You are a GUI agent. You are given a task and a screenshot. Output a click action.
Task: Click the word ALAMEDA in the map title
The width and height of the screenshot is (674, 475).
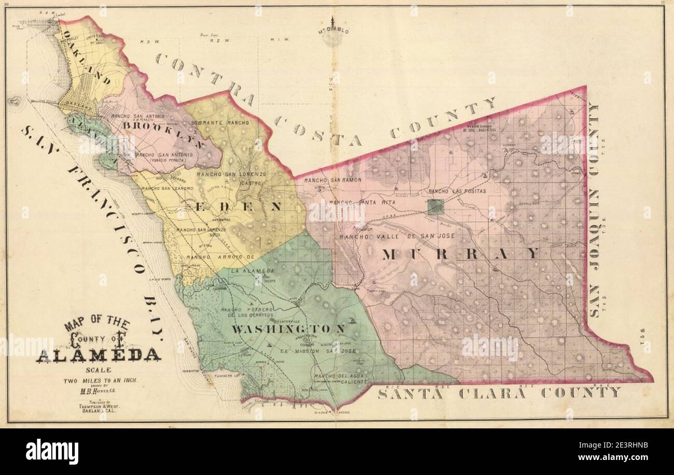pyautogui.click(x=99, y=355)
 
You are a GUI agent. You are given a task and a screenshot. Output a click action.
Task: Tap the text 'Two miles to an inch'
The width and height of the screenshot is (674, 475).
pyautogui.click(x=101, y=380)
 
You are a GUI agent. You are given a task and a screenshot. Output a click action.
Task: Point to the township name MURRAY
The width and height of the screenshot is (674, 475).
pyautogui.click(x=461, y=253)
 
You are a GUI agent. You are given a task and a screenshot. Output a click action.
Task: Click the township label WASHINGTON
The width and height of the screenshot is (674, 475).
pyautogui.click(x=288, y=329)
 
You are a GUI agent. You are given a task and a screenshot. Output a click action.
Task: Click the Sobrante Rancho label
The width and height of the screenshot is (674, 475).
pyautogui.click(x=220, y=123)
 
